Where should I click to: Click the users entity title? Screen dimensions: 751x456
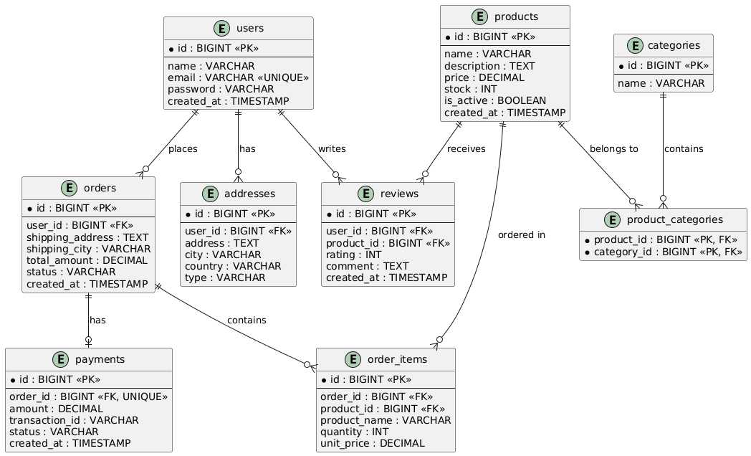249,28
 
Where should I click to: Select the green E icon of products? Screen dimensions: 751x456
479,16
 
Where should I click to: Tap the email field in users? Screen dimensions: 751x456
238,77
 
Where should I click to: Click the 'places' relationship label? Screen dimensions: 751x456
183,149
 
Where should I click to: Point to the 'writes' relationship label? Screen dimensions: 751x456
332,149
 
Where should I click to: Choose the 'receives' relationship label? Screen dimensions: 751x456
466,149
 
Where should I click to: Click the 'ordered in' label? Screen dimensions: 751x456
522,235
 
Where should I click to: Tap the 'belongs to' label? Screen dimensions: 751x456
614,149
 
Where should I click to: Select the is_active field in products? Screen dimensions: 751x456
494,100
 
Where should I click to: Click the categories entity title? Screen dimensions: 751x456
674,45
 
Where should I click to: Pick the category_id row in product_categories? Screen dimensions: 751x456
664,252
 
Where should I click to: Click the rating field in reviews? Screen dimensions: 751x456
353,255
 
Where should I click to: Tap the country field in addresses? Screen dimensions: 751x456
233,266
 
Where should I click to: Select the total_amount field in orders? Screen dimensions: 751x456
87,260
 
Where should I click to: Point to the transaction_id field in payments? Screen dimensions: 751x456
74,421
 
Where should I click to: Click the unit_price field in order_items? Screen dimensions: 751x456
372,444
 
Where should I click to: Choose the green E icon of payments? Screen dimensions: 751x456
60,360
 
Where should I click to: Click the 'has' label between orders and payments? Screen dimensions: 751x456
97,320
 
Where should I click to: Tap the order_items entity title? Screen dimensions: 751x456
397,360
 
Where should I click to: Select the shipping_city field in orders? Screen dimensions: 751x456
88,249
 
